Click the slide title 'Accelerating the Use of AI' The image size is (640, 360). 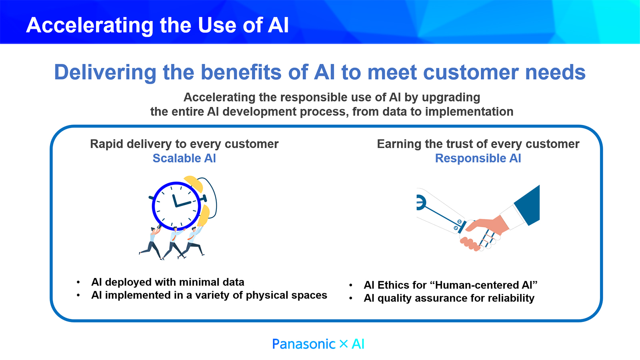pos(157,25)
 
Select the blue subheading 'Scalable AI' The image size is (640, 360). pos(184,158)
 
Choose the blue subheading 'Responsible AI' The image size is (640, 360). pos(478,158)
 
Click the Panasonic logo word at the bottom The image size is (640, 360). pos(304,344)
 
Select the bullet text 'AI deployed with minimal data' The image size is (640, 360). pos(168,282)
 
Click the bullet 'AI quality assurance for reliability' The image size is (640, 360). pos(449,298)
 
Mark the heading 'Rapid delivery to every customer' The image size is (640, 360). pos(184,144)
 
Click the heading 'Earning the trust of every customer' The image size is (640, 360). pos(478,144)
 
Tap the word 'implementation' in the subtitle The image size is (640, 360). pos(469,112)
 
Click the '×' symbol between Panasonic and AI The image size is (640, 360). pos(344,344)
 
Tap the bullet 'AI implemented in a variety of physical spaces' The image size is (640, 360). pos(209,295)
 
